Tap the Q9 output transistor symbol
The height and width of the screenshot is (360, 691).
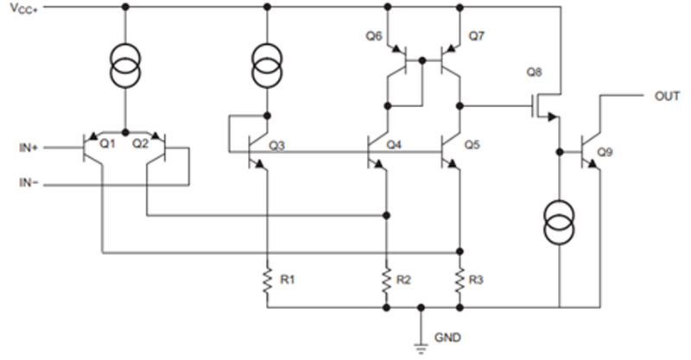pos(591,150)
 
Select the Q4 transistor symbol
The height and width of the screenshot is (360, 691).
pos(378,152)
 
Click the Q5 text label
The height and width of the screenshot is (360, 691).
pos(472,144)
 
